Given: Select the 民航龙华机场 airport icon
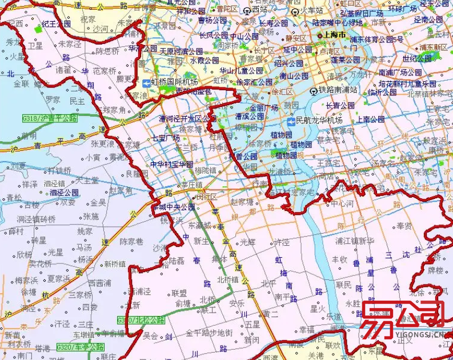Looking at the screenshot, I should point(291,121).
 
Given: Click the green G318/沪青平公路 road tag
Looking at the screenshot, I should point(49,118).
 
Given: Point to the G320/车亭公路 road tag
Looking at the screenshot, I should point(80,347).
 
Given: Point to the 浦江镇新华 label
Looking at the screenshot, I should point(355,241).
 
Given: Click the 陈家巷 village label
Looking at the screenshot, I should point(131,242).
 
